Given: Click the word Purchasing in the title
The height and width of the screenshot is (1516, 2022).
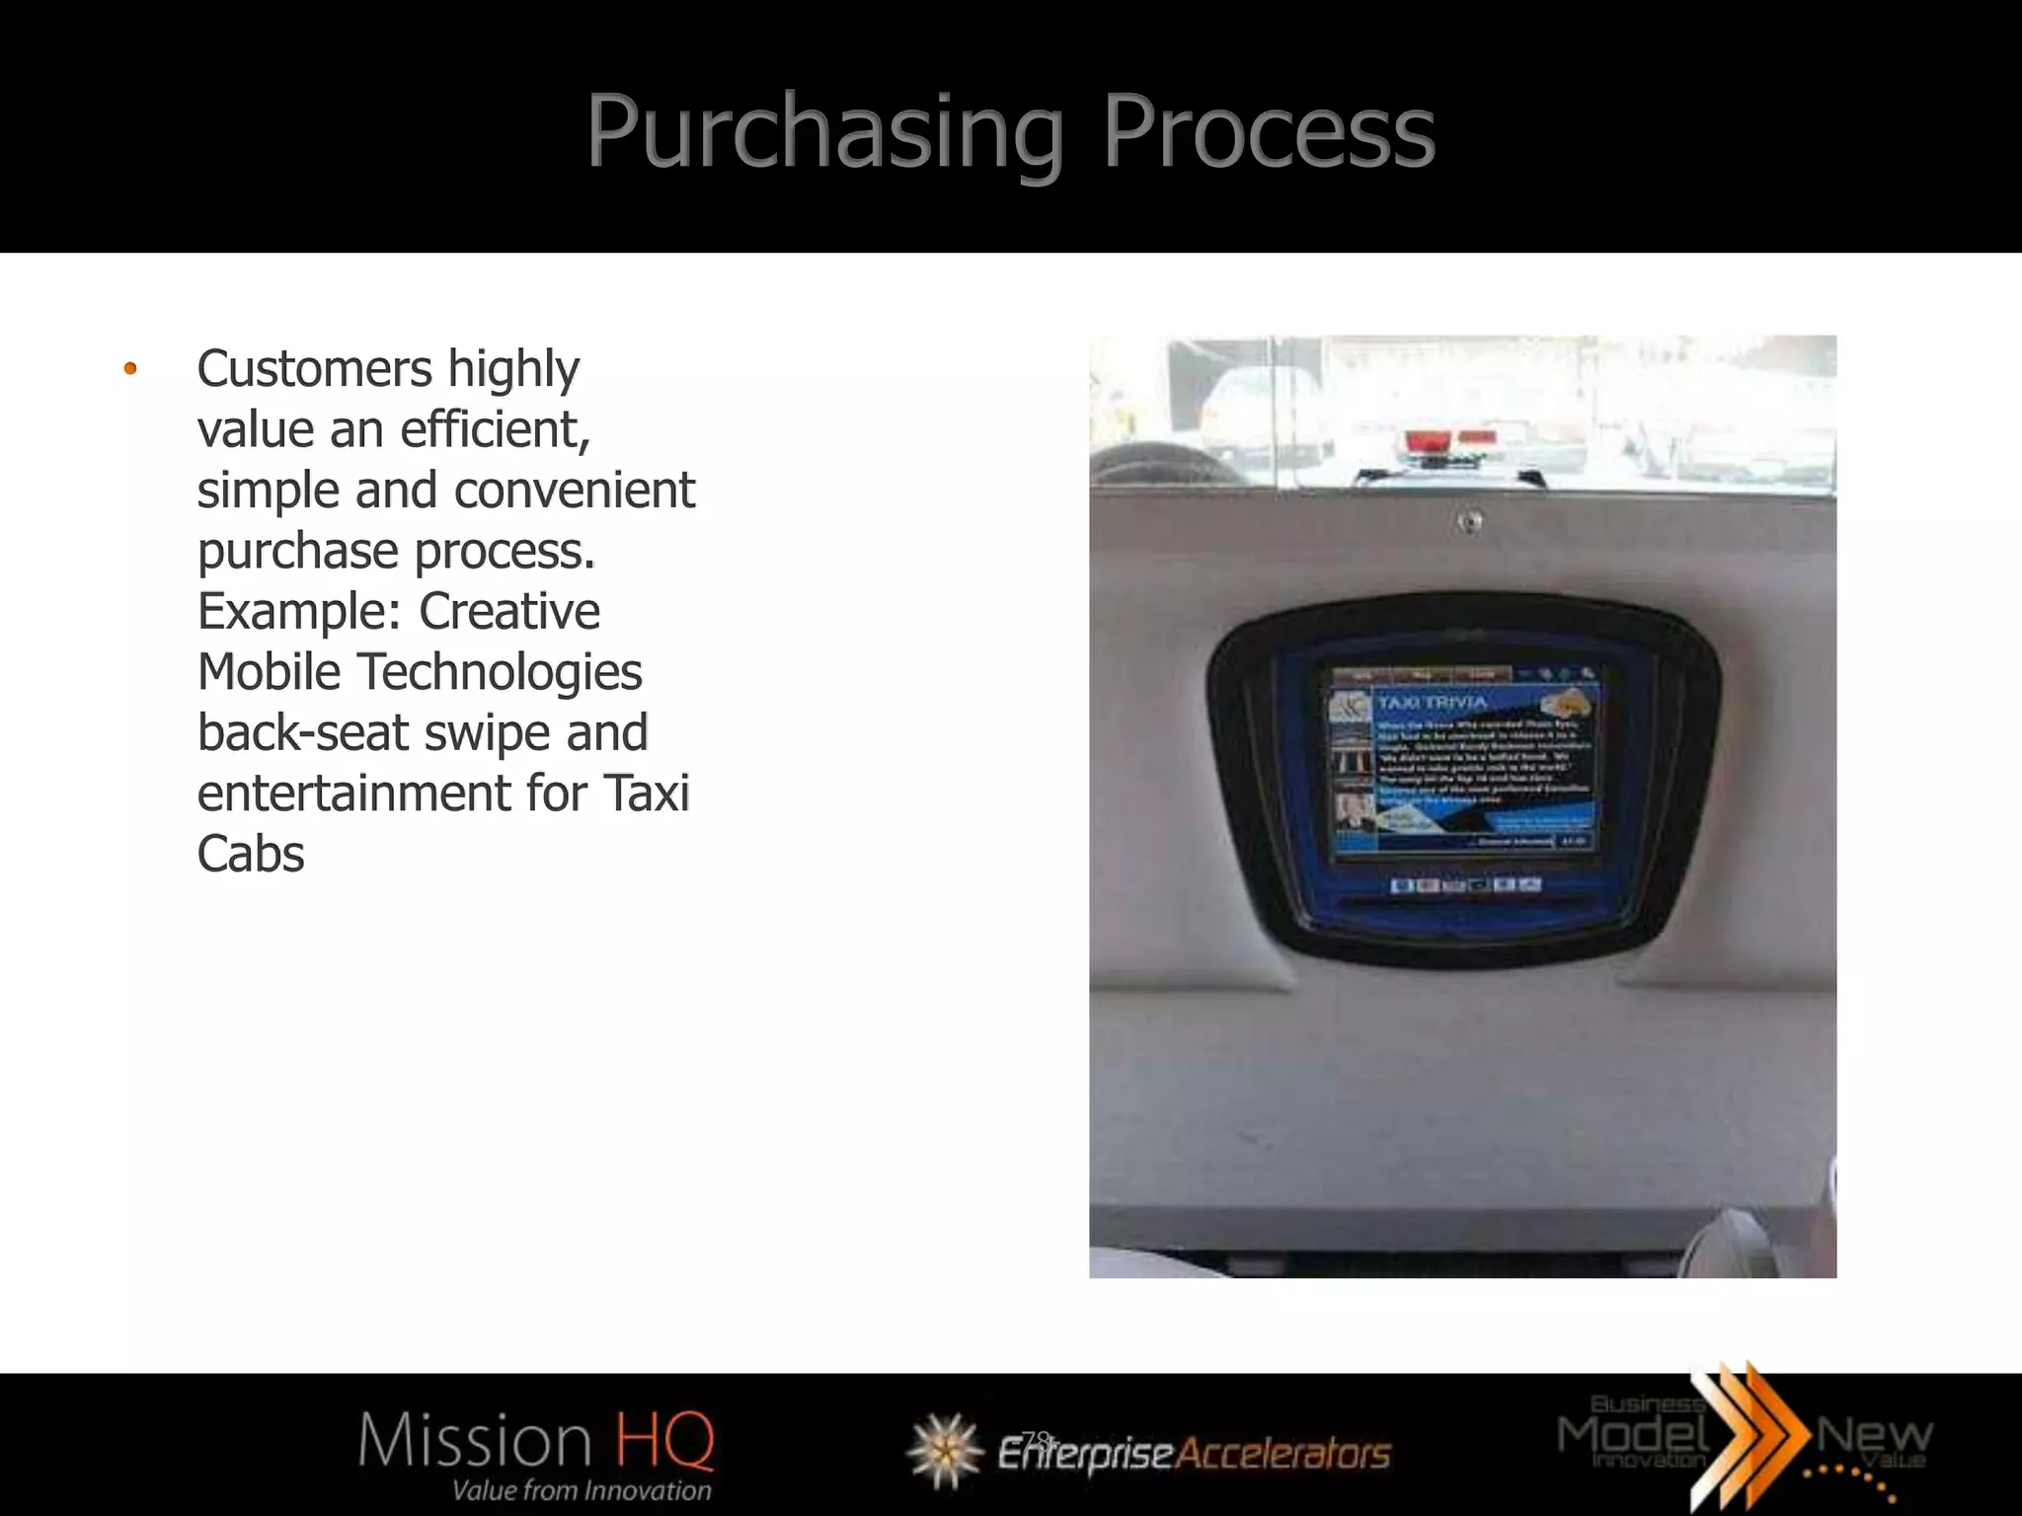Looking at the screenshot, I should click(x=824, y=133).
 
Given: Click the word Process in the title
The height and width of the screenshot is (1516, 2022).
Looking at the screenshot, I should click(x=1268, y=133).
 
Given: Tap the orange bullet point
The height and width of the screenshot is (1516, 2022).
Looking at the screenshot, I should click(x=129, y=370).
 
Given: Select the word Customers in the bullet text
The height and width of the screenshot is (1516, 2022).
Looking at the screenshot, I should click(x=314, y=369).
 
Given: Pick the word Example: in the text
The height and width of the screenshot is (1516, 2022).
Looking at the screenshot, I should click(x=300, y=612).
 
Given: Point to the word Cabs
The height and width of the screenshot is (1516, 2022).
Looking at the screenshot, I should click(x=251, y=855).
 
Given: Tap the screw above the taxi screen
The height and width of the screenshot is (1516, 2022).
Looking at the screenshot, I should click(x=1470, y=520).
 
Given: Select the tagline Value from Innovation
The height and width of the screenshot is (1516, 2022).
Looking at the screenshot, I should click(x=581, y=1490).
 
